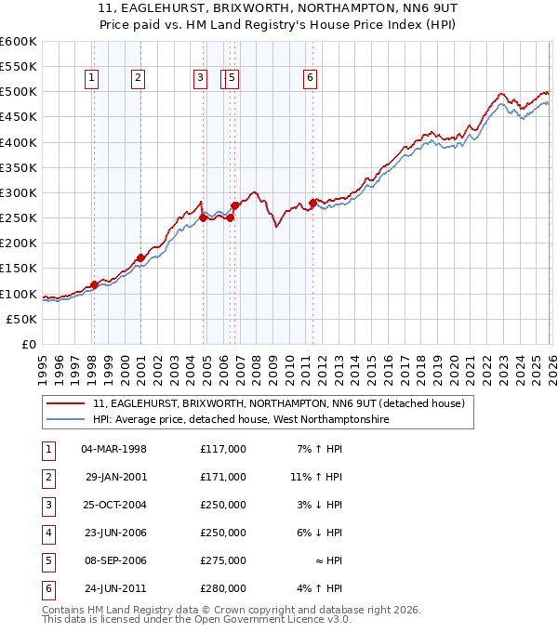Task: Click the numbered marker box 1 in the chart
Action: [x=93, y=79]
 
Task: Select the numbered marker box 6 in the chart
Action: [x=310, y=79]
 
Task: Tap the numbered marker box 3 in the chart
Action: [x=200, y=79]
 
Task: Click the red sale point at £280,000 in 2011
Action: [x=312, y=203]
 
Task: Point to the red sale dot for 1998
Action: [x=94, y=285]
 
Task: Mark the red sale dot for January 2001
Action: [x=140, y=257]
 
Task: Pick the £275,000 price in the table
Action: [x=223, y=560]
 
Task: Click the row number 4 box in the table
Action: [x=46, y=533]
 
